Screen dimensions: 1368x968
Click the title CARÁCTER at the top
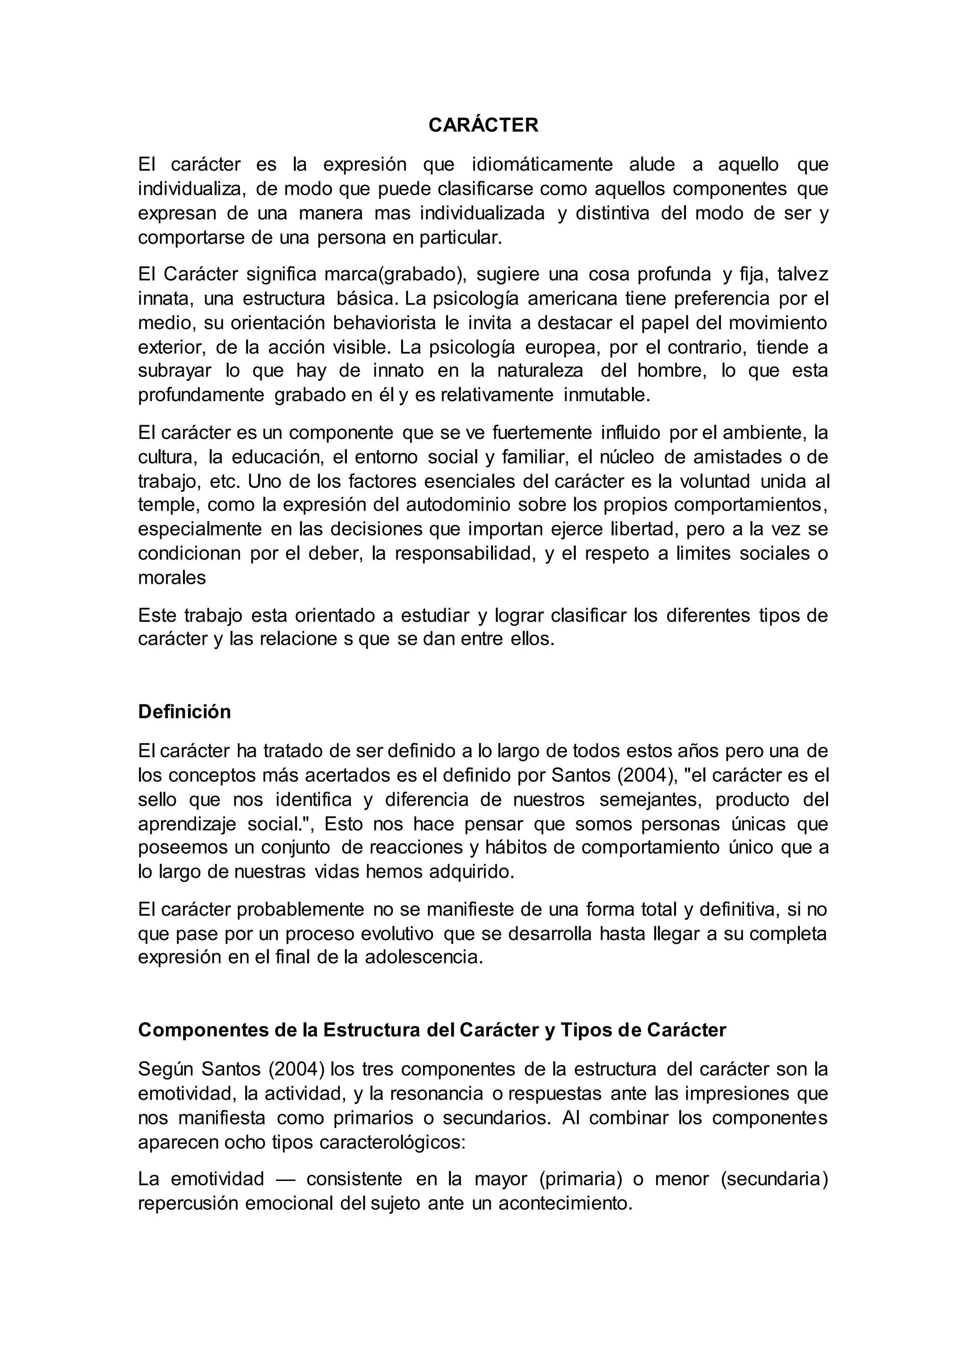tap(484, 125)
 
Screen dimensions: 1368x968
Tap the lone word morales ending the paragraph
tap(172, 578)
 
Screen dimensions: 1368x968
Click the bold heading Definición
tap(184, 711)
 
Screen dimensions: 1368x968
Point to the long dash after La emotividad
tap(285, 1179)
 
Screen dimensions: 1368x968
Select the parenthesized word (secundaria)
tap(774, 1179)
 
